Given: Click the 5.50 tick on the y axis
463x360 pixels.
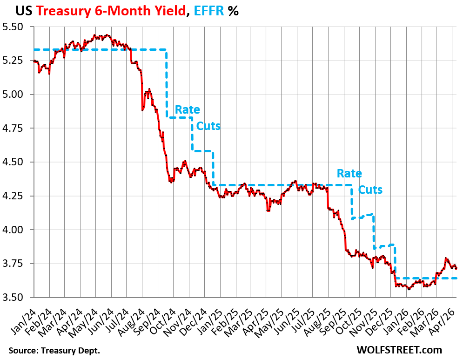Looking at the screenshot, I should click(17, 27).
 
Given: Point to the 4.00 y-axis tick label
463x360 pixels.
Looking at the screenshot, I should click(17, 230).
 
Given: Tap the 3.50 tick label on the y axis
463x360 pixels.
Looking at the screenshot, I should click(17, 297).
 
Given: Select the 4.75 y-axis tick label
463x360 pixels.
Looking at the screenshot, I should click(17, 128).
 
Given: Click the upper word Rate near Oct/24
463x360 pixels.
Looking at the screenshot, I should click(188, 110).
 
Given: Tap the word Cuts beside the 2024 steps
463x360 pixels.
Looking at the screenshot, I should click(208, 126).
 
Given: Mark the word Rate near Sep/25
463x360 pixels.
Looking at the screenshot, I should click(349, 173).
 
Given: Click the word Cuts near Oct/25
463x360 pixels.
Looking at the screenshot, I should click(370, 190).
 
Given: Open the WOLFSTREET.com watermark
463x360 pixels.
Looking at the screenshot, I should click(399, 349).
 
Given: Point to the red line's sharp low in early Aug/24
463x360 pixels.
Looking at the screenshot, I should click(142, 110).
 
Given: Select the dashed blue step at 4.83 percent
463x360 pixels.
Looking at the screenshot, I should click(179, 118).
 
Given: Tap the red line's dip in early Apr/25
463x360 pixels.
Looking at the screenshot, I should click(268, 211).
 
